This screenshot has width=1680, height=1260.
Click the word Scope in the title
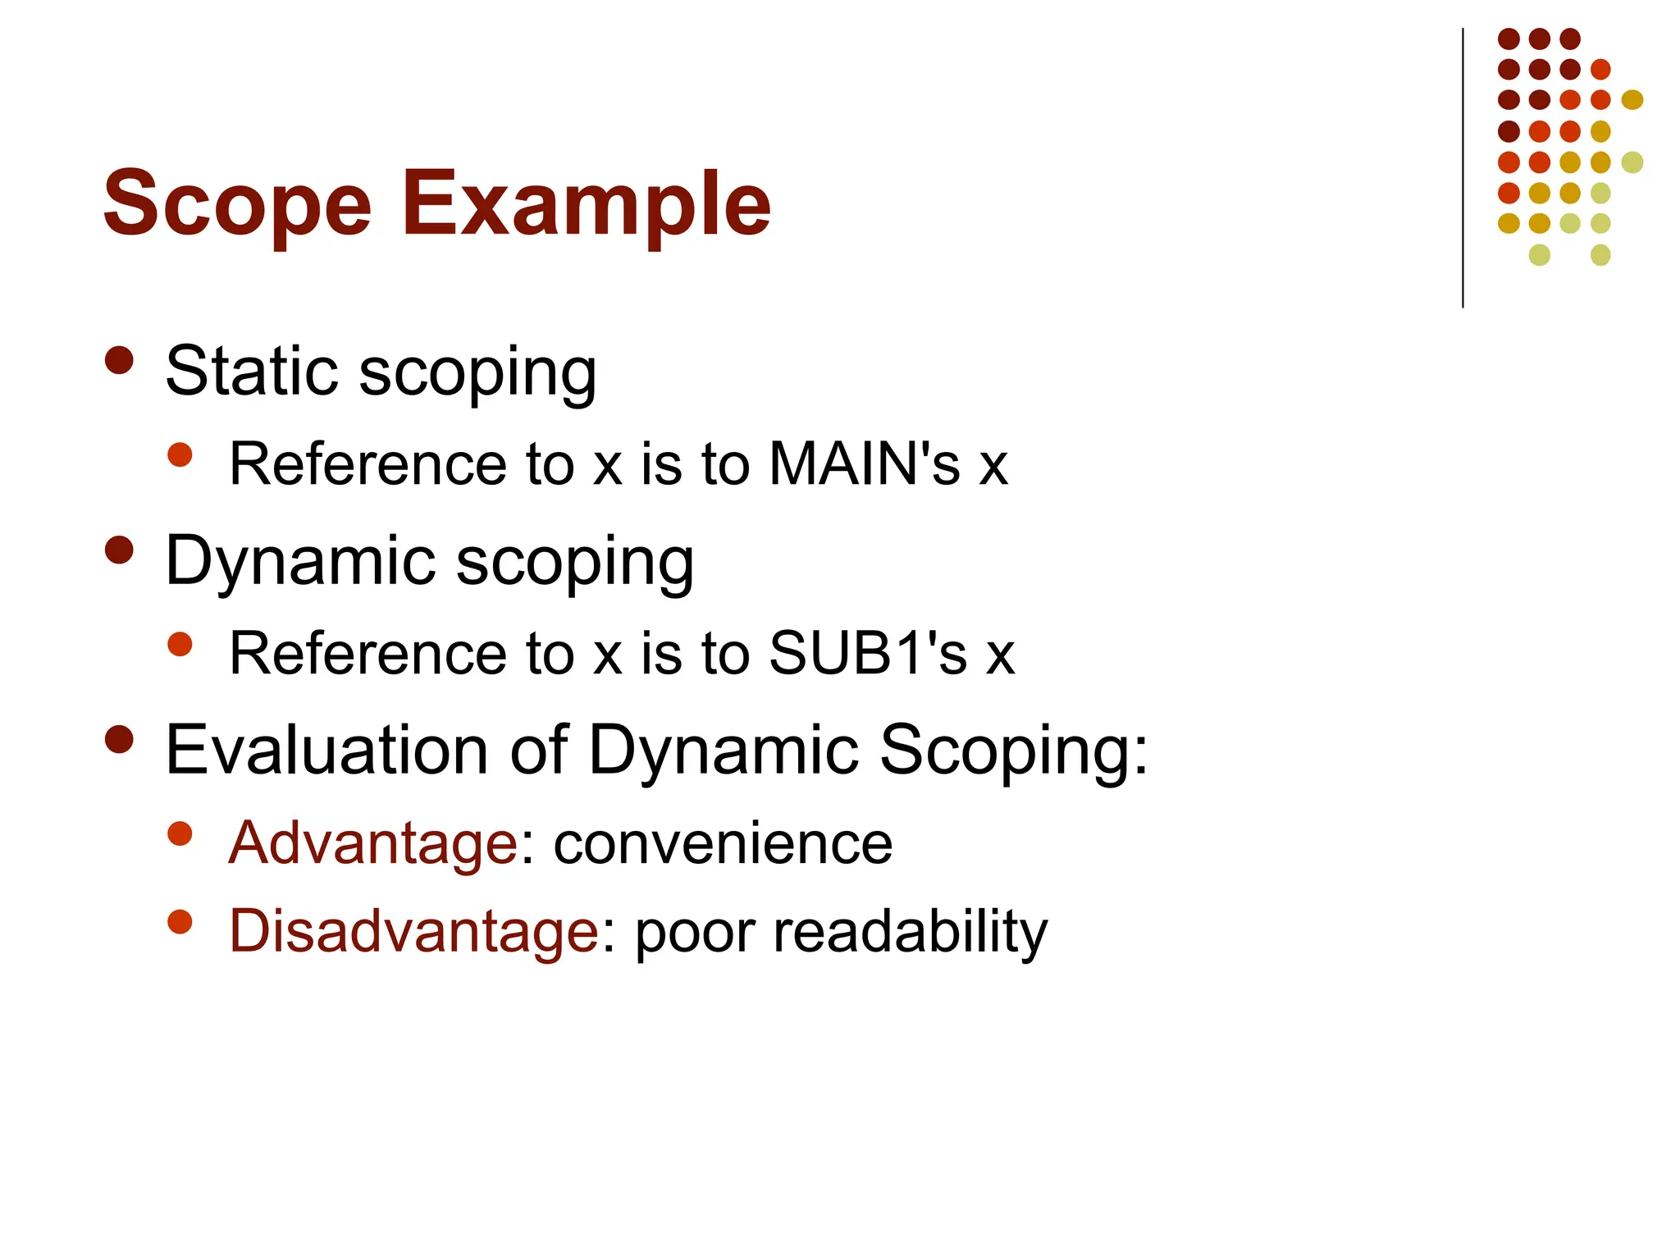click(237, 203)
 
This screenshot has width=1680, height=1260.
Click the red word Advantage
click(372, 843)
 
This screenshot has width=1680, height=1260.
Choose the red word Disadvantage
click(413, 931)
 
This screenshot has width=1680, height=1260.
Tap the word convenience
click(723, 843)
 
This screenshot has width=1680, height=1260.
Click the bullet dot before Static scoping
click(120, 360)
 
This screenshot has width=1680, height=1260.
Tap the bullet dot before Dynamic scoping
click(120, 550)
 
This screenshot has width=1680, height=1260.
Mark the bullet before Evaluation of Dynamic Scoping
click(120, 739)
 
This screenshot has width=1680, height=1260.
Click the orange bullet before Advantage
click(180, 833)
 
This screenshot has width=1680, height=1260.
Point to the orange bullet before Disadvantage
click(180, 921)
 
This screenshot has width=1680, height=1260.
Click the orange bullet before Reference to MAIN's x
click(180, 454)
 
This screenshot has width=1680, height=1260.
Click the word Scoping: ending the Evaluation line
click(1013, 750)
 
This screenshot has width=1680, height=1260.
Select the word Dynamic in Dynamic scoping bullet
click(300, 561)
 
